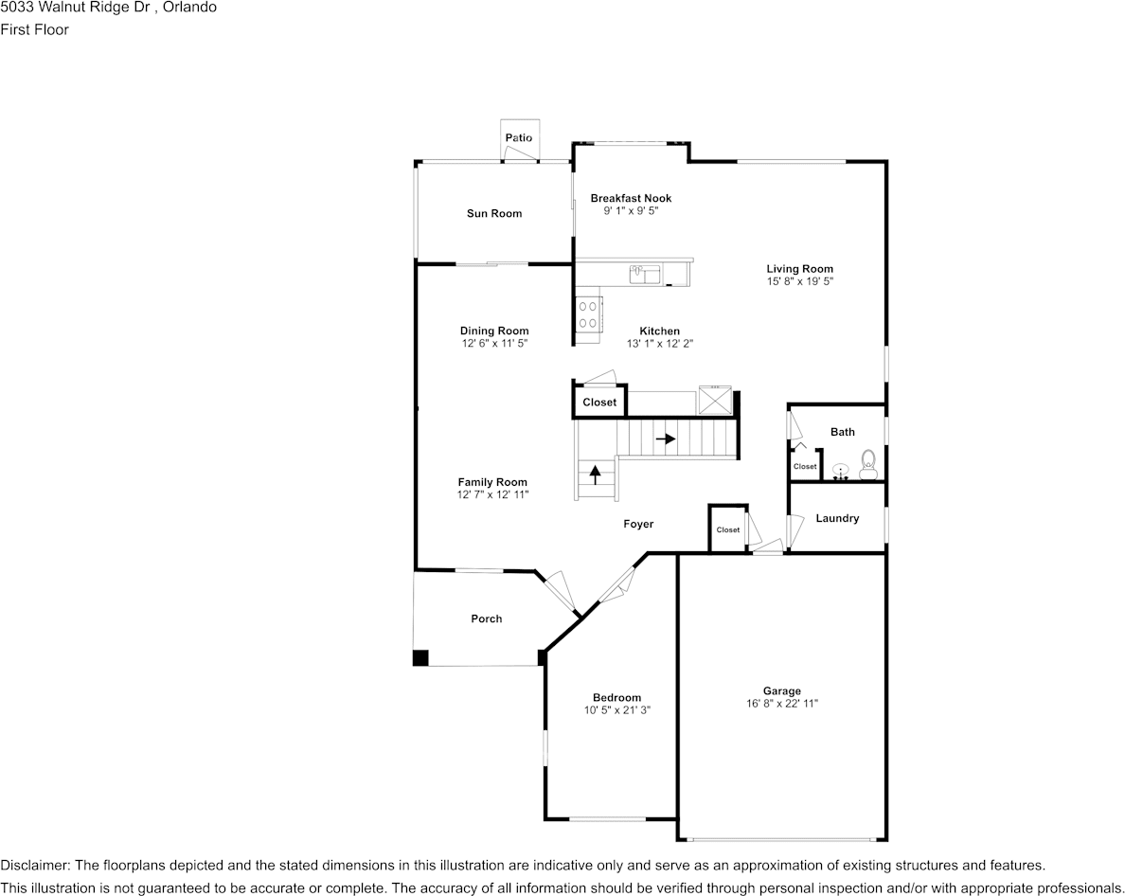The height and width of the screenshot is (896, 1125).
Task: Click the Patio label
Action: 518,138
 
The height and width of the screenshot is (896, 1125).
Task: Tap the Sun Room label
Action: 494,214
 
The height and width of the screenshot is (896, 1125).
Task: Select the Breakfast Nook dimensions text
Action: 631,211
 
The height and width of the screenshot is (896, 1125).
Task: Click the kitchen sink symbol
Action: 645,275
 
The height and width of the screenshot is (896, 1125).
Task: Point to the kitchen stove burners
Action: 588,314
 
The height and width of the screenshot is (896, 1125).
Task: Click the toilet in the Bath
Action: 867,465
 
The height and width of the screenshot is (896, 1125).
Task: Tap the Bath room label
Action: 843,432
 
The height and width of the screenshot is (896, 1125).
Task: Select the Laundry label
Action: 837,519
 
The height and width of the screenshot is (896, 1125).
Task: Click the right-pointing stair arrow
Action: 666,439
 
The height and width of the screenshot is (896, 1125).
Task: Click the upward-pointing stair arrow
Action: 596,474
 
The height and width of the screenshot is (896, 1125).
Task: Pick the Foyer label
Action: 638,525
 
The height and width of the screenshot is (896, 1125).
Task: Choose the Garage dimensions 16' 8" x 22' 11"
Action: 782,704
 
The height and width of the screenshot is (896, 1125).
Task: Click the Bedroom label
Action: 617,698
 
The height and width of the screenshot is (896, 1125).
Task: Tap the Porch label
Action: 487,619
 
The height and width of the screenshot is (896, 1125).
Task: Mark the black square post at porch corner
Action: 420,658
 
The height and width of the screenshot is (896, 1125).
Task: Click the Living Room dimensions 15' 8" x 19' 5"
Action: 800,282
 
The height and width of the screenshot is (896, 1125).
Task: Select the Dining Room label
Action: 494,332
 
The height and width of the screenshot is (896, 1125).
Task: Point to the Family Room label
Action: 492,482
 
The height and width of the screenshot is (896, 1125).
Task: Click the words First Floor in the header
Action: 35,29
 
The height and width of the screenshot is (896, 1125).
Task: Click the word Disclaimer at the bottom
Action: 34,866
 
